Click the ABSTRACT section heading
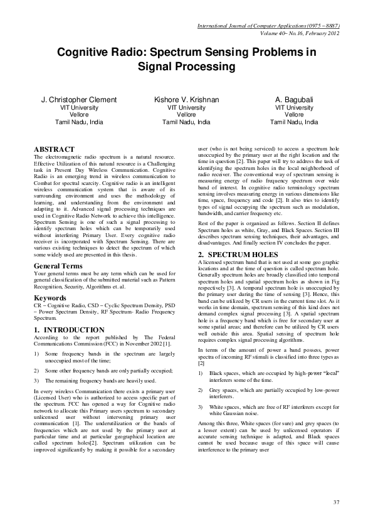point(53,149)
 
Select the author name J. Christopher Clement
point(78,100)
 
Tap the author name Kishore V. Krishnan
point(186,100)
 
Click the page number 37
point(336,502)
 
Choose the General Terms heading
point(60,266)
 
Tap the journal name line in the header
point(268,26)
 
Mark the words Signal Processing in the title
point(186,66)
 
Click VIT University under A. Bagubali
point(294,108)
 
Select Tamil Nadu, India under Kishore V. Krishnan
point(186,122)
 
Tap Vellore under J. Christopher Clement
point(78,115)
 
